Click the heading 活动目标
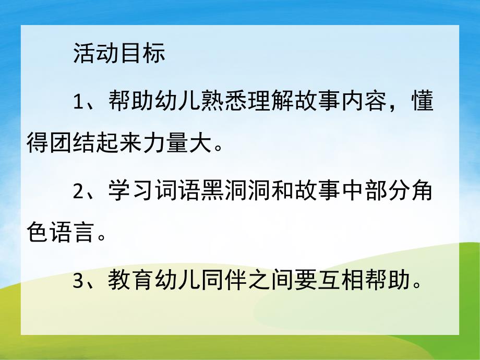pyautogui.click(x=119, y=54)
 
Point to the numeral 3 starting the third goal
pyautogui.click(x=78, y=282)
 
